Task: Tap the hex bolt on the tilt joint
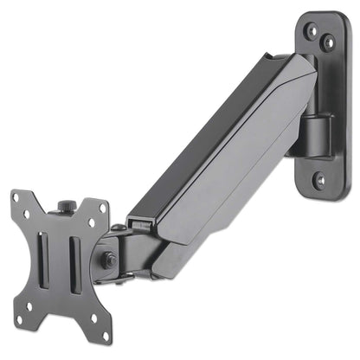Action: point(105,260)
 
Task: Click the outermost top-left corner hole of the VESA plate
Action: point(16,197)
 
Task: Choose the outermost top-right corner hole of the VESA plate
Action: point(103,208)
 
